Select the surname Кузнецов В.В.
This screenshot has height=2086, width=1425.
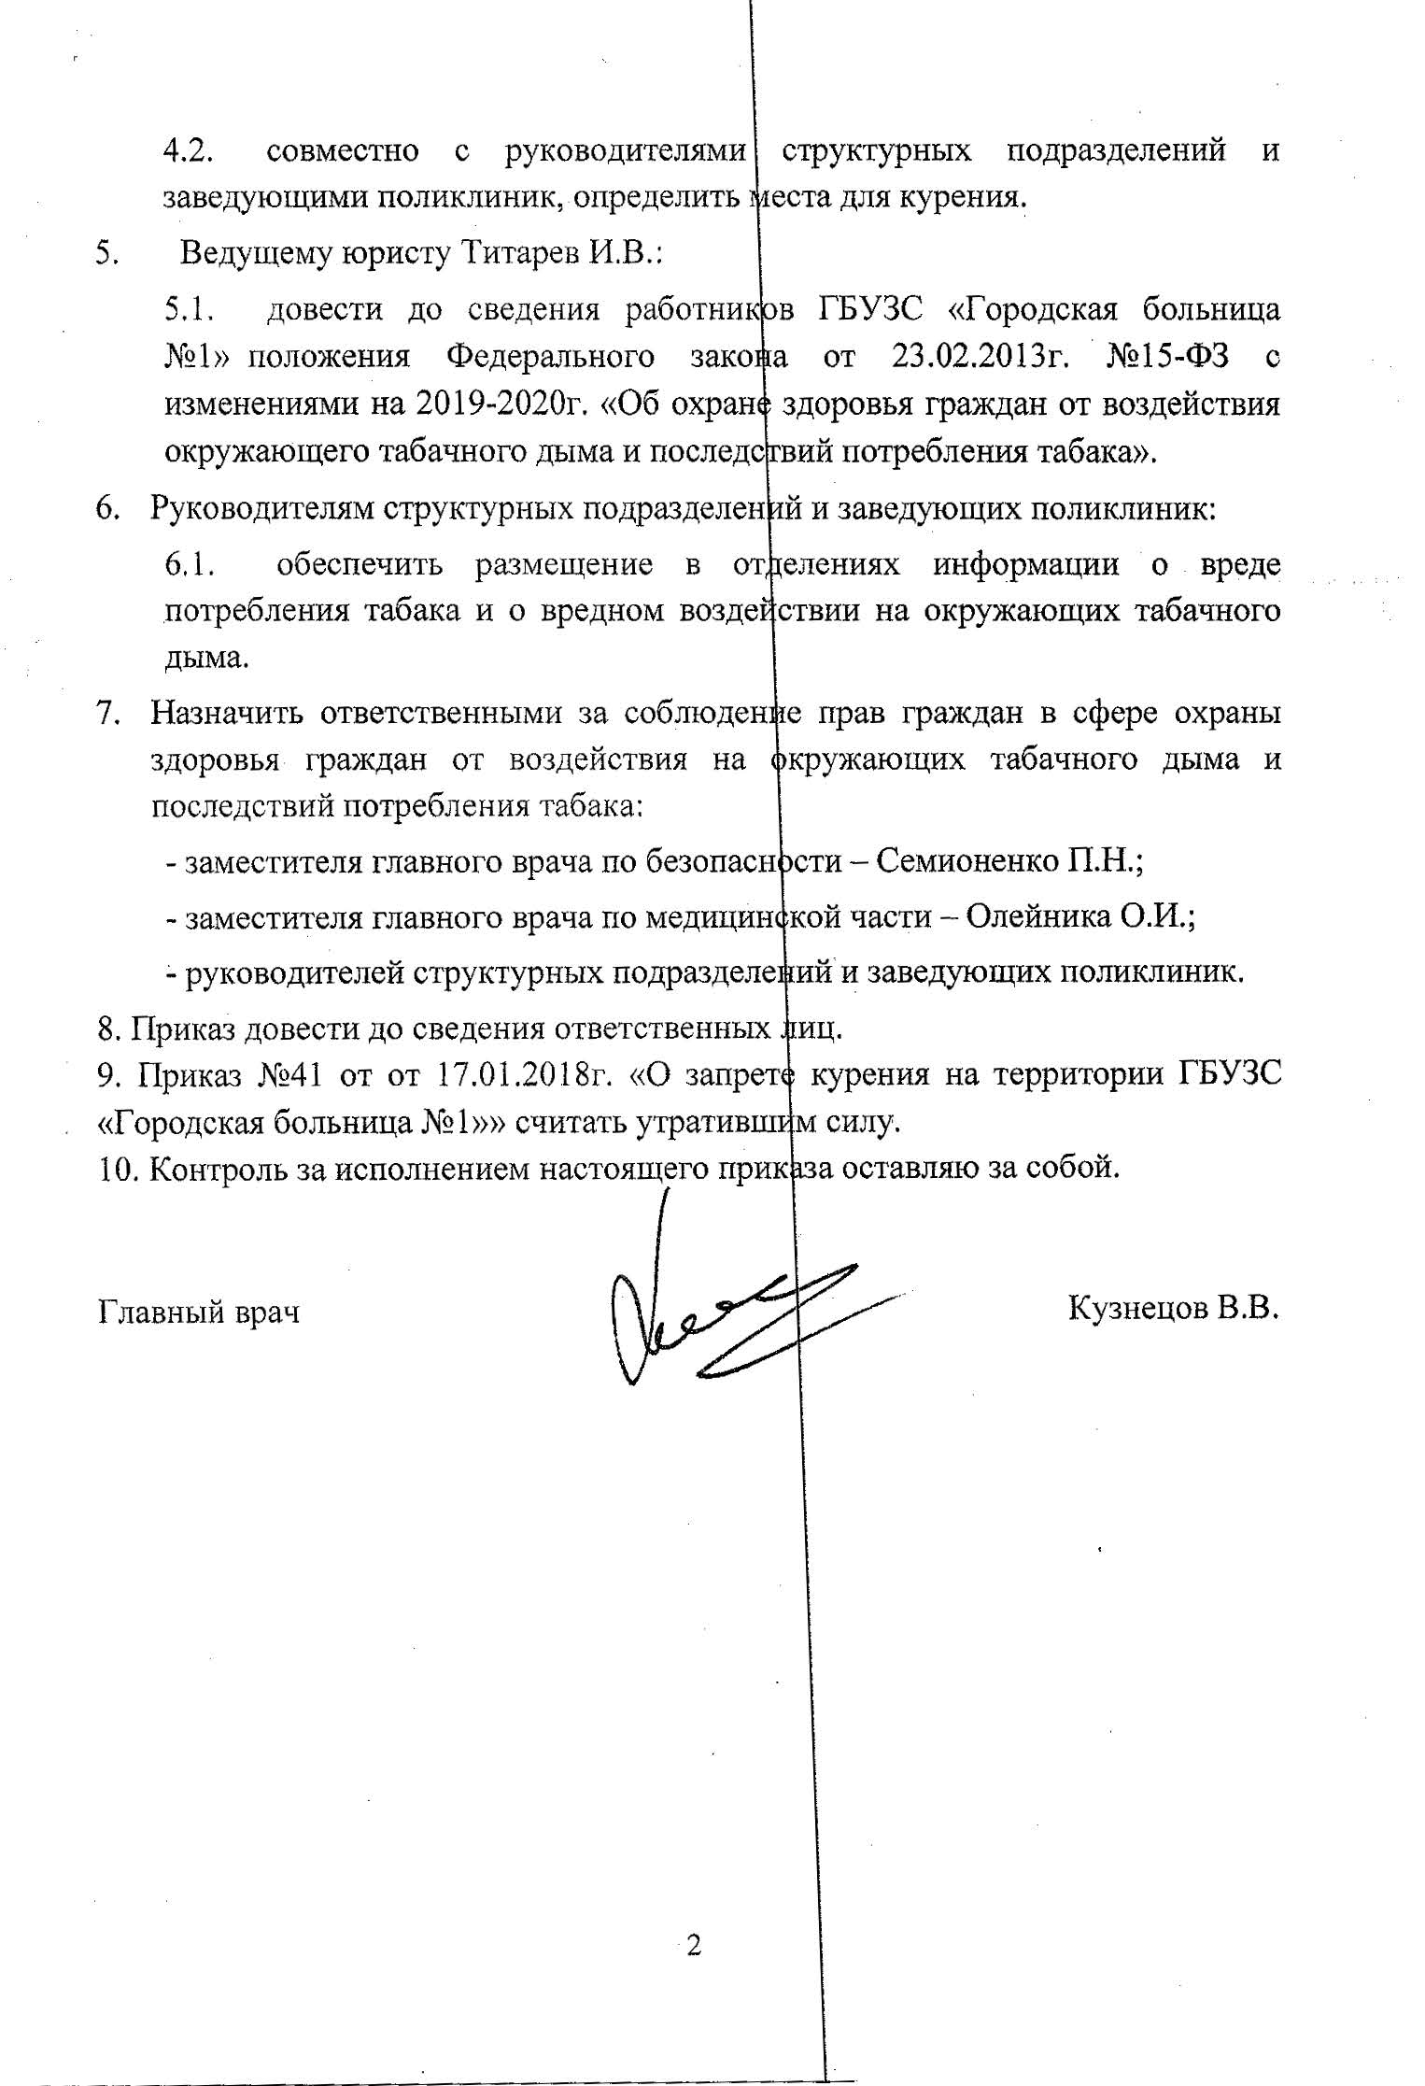coord(1172,1308)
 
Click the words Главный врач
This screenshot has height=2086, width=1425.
coord(199,1312)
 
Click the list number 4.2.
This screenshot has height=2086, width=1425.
coord(190,151)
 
